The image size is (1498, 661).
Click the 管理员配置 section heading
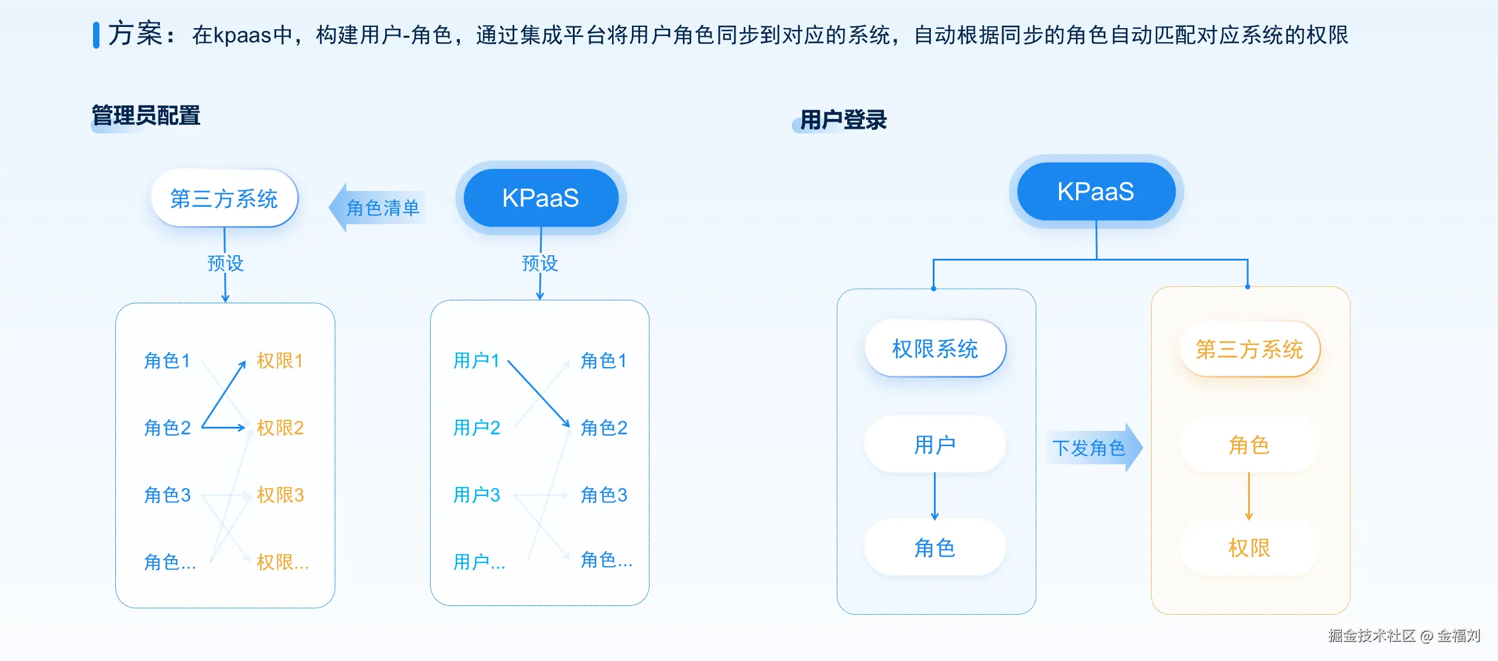click(146, 116)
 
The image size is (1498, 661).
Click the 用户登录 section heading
click(843, 120)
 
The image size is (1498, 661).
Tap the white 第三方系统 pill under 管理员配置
click(224, 198)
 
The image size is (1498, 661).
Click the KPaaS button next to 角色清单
click(540, 198)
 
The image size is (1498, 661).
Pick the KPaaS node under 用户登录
click(1095, 191)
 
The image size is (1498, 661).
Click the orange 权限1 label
click(280, 361)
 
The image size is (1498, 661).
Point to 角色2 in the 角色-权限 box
click(167, 428)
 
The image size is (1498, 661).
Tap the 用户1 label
click(476, 361)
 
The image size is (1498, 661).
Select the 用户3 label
click(476, 495)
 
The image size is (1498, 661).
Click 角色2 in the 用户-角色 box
click(603, 428)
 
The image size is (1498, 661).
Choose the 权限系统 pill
click(934, 349)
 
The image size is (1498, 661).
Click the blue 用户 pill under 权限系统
click(934, 445)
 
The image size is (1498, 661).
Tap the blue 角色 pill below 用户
click(934, 548)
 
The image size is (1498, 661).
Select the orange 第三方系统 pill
click(1249, 350)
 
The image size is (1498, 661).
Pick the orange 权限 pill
click(1249, 548)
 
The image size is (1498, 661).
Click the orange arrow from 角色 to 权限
click(1249, 496)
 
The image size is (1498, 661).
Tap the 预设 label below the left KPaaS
click(540, 263)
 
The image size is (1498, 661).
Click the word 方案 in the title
click(135, 33)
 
